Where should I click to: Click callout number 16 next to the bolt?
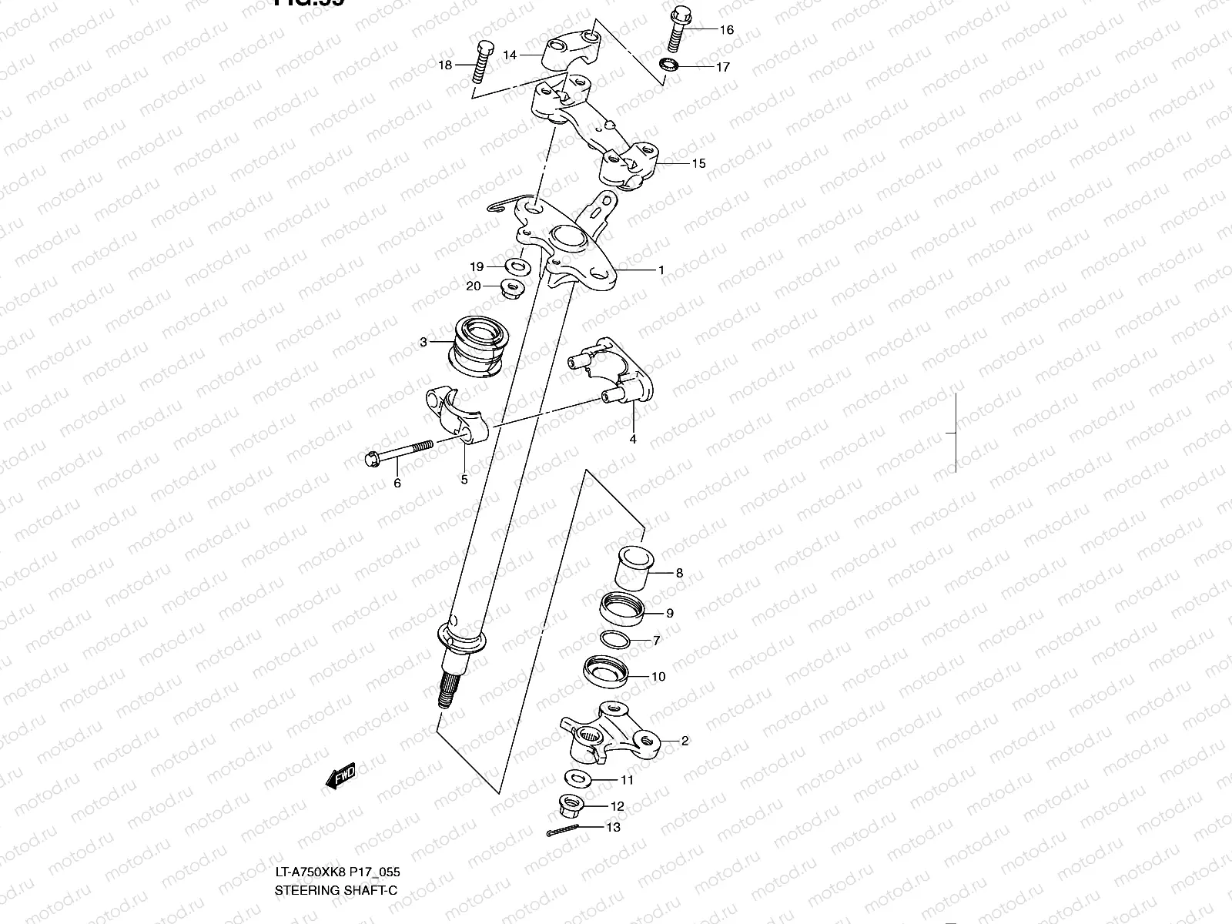727,30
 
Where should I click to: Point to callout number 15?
698,163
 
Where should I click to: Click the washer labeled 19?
517,267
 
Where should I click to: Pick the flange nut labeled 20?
511,289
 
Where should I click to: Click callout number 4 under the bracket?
633,440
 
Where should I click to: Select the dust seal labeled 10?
605,671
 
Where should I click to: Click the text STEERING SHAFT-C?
336,891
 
